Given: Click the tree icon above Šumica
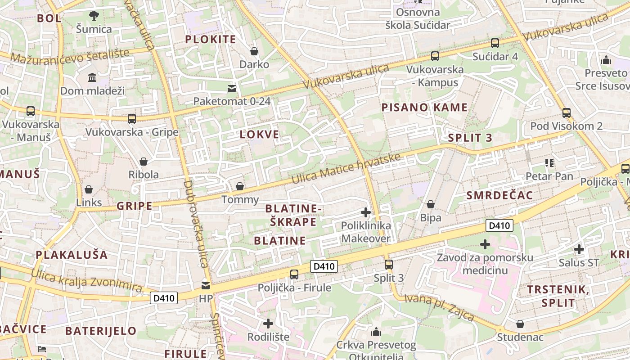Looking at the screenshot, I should (x=94, y=16).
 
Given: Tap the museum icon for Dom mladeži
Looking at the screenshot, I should (x=92, y=77).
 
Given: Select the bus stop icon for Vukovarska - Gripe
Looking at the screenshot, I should (x=131, y=119).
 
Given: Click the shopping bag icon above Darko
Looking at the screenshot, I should (x=254, y=51).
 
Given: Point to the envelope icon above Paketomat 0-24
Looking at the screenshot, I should (x=232, y=88).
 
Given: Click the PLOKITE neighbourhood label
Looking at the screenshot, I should (x=211, y=40).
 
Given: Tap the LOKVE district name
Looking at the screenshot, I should (x=259, y=135).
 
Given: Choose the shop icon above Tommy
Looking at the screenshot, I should (x=240, y=186).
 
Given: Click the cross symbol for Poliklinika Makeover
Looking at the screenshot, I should (x=366, y=212).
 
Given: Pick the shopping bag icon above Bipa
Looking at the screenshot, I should (x=431, y=204).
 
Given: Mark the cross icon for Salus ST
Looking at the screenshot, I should (x=579, y=249).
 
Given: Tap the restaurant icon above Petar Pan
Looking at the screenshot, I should (x=549, y=162).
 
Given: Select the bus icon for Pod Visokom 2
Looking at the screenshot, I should (x=567, y=112).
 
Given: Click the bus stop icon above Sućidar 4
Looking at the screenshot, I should (x=495, y=43).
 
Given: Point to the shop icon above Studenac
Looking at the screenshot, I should (x=520, y=324).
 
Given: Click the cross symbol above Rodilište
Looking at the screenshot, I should (x=268, y=323).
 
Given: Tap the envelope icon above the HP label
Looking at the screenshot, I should (x=206, y=285).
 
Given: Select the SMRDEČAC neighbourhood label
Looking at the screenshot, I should (x=499, y=195).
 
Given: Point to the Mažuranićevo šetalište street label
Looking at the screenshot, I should (x=70, y=56).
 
